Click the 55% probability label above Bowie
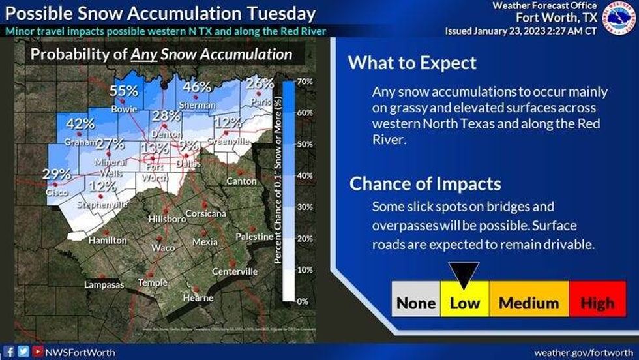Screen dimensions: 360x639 tap(123, 91)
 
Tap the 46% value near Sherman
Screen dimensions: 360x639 tap(196, 87)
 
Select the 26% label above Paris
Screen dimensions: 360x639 tap(260, 83)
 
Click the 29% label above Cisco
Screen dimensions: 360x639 tap(57, 173)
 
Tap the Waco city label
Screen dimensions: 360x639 tap(162, 248)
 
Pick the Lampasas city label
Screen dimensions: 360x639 tap(104, 284)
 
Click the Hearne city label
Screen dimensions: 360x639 tap(198, 298)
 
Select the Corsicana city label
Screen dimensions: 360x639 tap(205, 213)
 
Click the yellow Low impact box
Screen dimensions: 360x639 tap(464, 303)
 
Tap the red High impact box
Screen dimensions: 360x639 tap(597, 303)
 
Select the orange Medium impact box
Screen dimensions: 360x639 tap(528, 303)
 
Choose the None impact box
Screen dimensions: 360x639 tap(416, 303)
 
